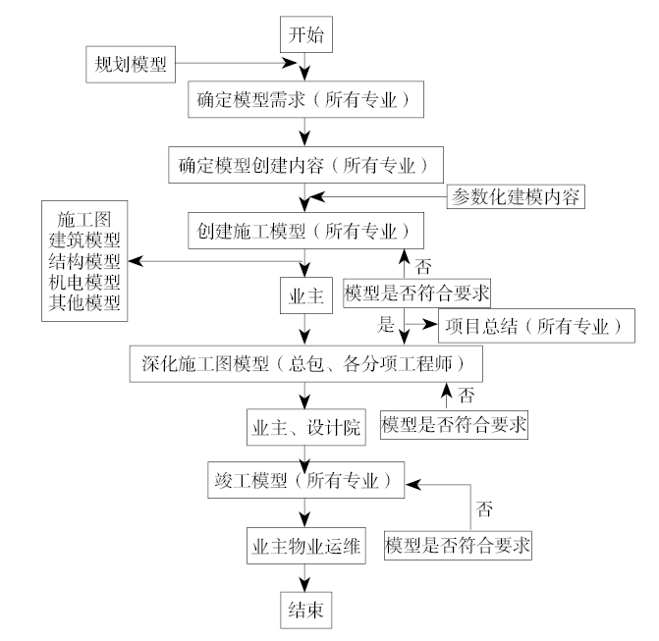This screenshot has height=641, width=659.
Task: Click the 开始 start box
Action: point(305,34)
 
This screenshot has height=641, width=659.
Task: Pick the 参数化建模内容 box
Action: point(517,197)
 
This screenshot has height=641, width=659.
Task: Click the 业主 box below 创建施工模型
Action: point(301,294)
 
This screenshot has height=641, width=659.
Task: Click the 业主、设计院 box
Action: point(305,428)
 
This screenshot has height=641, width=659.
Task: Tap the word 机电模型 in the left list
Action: point(84,282)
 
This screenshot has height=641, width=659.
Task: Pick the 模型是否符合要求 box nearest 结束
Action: point(458,544)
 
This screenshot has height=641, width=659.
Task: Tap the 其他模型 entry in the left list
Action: point(84,303)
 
